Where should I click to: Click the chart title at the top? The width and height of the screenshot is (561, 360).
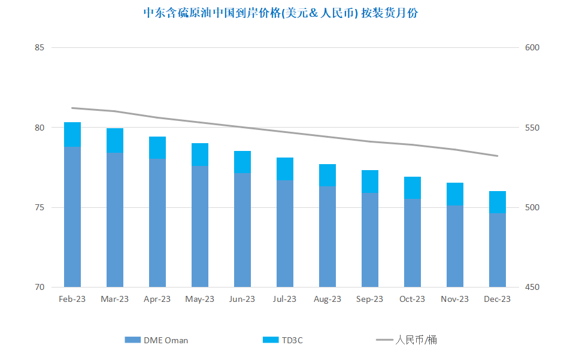coord(280,13)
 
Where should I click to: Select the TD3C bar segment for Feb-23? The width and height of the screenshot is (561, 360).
coord(72,135)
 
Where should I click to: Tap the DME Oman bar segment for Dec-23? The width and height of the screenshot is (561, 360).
coord(498,250)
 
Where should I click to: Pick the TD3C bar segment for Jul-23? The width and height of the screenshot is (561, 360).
coord(285,169)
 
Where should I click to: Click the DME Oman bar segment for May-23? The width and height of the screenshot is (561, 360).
coord(200,226)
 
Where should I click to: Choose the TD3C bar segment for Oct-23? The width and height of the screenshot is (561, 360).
coord(413,188)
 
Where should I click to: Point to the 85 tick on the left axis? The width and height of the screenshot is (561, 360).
coord(40,47)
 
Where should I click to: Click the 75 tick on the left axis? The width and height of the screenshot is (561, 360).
coord(40,208)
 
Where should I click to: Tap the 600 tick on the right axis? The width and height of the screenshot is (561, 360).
coord(532,47)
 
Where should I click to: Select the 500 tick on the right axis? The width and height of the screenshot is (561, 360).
coord(532,208)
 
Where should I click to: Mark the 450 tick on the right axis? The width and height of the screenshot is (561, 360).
coord(532,287)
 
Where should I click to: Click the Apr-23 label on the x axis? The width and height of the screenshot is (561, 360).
coord(157,299)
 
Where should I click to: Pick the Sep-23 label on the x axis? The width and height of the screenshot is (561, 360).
coord(369,299)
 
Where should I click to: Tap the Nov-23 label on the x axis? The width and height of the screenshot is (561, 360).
coord(455,299)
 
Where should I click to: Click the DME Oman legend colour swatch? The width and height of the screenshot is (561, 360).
coord(132,340)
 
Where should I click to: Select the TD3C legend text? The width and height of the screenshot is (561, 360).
coord(292,340)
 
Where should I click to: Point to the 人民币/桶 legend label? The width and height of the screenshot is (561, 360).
coord(416,340)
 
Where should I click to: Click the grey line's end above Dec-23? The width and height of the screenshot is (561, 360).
coord(498,156)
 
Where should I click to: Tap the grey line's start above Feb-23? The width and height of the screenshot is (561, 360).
coord(72,108)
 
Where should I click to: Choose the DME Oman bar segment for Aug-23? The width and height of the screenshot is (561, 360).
coord(327,237)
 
